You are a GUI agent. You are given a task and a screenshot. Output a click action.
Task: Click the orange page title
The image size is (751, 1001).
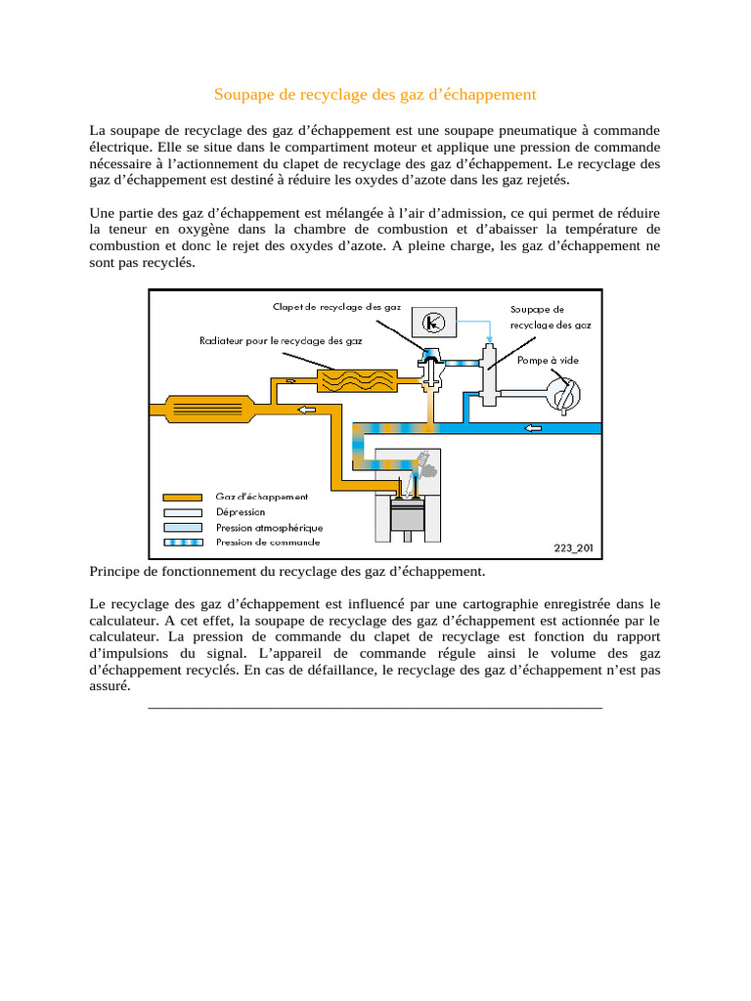pos(375,95)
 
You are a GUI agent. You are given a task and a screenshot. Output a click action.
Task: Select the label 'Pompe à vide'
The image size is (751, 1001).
pos(548,360)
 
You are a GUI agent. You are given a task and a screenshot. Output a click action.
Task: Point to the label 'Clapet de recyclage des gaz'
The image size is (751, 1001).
pos(336,307)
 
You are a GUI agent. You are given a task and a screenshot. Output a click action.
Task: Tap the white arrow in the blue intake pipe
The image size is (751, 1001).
pos(534,427)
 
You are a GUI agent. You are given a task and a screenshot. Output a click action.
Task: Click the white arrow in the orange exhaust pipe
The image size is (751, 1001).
pos(307,409)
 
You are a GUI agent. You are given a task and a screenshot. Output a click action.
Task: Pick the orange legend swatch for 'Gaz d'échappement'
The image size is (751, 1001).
pos(182,498)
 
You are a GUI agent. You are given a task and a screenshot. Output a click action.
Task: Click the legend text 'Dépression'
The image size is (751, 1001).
pos(240,511)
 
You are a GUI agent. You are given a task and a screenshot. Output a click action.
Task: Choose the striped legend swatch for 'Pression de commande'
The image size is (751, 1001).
pos(182,542)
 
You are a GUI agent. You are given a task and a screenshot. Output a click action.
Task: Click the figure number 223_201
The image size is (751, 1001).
pos(573,548)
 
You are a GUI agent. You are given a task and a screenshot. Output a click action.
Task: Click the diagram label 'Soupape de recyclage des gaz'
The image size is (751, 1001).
pos(551,317)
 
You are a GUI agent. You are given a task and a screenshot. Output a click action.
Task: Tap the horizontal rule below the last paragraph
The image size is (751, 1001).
pos(375,707)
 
